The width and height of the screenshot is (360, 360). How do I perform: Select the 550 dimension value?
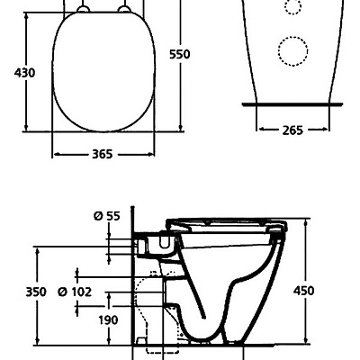pos(181,54)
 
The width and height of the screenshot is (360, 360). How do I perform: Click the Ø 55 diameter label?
pos(106,216)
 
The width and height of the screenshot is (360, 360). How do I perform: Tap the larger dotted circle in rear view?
pos(292,50)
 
